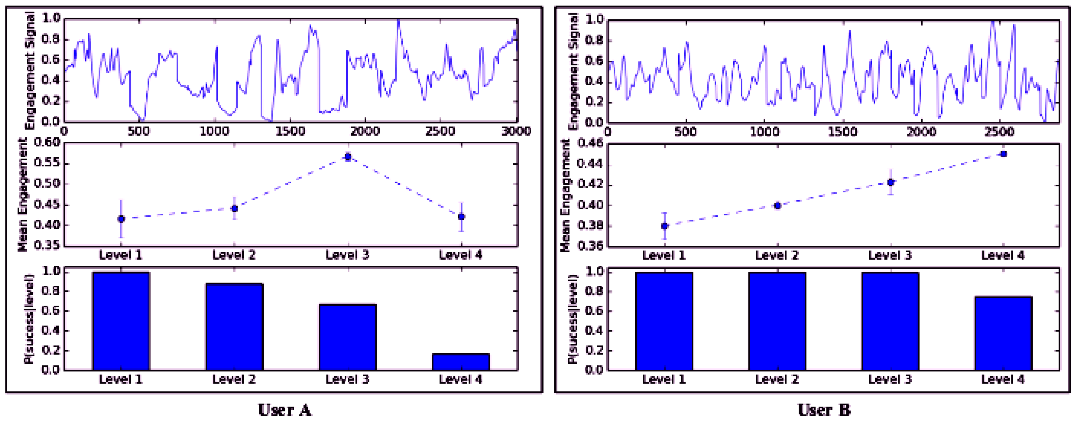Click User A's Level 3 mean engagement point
coord(347,157)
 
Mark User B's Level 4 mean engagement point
coord(1003,154)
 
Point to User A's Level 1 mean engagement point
coord(121,219)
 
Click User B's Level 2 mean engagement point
coord(777,205)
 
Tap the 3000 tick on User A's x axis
coord(516,132)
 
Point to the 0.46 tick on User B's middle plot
coord(590,144)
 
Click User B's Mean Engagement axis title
coord(565,196)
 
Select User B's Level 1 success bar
coord(664,321)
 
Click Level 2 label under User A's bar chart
coord(234,380)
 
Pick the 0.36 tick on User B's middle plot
coord(590,246)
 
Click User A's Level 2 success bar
coord(234,326)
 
